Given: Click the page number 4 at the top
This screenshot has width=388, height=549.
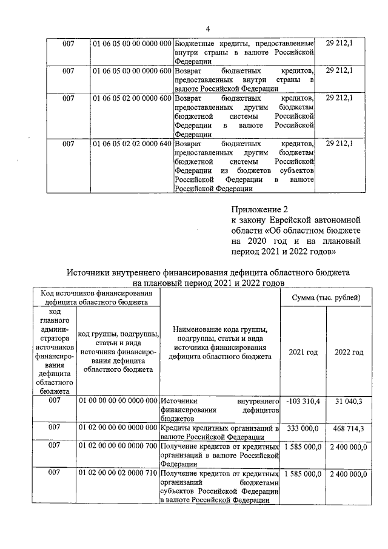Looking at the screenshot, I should (207, 29).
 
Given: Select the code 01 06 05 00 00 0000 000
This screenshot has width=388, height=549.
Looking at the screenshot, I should (132, 44).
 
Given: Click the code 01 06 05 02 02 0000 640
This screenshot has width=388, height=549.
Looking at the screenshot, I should (132, 144).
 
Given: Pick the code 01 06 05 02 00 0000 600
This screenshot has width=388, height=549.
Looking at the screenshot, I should (132, 98).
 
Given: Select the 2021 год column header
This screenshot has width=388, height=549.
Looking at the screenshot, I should (303, 352).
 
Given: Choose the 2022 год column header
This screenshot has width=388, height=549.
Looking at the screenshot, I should (349, 352).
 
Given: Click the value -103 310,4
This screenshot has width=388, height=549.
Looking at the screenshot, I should (303, 402).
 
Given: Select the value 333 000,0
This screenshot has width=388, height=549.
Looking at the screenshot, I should (303, 428).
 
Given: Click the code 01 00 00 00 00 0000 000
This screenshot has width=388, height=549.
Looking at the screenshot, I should (118, 402).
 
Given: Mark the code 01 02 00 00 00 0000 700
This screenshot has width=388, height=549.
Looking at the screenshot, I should (118, 446).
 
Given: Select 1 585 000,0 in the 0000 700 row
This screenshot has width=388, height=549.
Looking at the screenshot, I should (303, 446).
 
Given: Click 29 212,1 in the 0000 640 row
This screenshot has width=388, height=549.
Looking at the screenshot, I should (339, 144).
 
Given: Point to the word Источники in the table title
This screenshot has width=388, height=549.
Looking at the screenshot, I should (89, 272).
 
